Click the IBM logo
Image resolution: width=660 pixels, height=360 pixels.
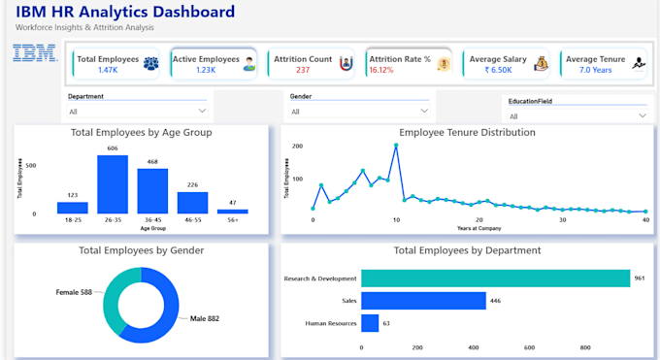(x=35, y=53)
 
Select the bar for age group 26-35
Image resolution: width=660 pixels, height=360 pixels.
(x=113, y=184)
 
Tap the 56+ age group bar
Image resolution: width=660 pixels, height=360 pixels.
(x=232, y=212)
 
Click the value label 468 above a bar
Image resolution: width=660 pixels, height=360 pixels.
(x=152, y=162)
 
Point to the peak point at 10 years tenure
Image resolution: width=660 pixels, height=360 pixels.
(x=396, y=146)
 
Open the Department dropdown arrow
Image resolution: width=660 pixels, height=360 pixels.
(x=202, y=112)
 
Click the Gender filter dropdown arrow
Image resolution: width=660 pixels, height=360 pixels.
(x=424, y=112)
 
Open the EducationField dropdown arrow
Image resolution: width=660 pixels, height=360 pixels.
(x=643, y=115)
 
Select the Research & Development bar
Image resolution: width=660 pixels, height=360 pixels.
(x=495, y=278)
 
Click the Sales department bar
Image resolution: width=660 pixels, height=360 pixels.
(x=423, y=301)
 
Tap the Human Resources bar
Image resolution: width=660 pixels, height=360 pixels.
(x=370, y=323)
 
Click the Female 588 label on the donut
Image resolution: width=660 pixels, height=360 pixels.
(x=74, y=292)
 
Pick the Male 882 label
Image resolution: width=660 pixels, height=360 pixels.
(x=205, y=318)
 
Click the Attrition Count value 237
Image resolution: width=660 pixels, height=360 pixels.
(x=303, y=70)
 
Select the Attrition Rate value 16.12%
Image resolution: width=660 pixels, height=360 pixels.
(x=381, y=70)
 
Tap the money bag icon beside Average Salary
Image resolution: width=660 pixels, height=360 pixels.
(x=542, y=64)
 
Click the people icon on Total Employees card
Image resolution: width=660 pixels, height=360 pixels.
(x=151, y=64)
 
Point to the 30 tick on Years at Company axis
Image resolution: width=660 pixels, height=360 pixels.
(x=562, y=220)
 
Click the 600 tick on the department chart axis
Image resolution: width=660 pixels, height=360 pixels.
(x=529, y=347)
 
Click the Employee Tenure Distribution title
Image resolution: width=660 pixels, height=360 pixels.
(x=467, y=133)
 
